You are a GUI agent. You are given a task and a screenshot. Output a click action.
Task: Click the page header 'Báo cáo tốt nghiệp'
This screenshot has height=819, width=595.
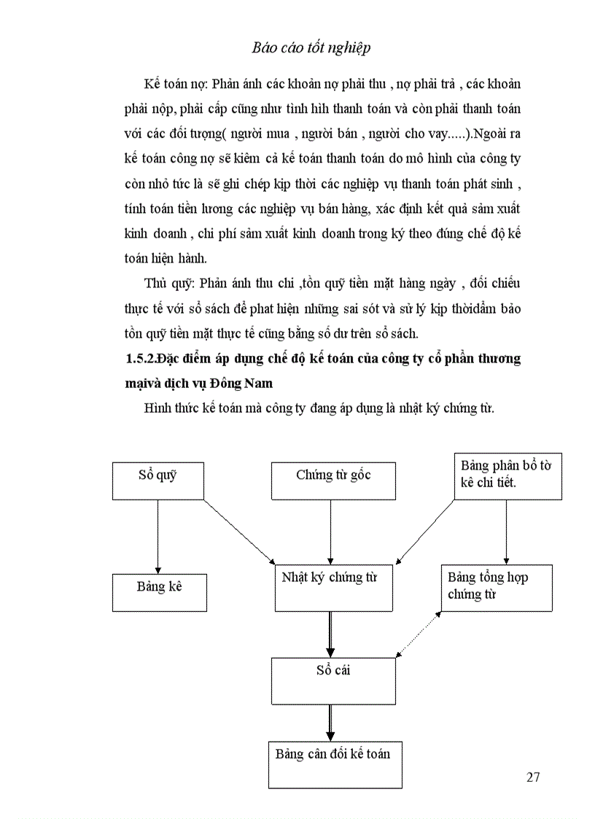point(311,48)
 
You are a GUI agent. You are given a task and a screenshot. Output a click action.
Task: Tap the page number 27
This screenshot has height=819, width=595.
point(533,777)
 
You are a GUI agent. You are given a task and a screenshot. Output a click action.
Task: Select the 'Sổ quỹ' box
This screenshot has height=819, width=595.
point(157,481)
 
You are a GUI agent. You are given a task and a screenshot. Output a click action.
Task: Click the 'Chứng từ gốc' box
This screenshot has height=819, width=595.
point(333,481)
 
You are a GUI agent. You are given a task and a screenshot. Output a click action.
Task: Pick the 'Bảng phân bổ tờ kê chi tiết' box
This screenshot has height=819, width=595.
point(507,476)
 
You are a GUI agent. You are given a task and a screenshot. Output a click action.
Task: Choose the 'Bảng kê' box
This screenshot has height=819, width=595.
point(159,592)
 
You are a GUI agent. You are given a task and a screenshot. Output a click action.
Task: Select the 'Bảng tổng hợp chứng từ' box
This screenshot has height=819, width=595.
point(497,587)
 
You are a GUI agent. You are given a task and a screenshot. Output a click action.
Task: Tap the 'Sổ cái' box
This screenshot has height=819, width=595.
point(333,680)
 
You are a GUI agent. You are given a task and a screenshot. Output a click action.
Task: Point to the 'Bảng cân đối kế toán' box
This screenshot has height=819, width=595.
point(333,764)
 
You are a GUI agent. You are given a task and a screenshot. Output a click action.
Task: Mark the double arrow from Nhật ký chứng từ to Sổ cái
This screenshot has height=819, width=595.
point(330,634)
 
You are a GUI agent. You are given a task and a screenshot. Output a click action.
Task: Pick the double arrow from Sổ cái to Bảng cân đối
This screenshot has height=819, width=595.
point(330,722)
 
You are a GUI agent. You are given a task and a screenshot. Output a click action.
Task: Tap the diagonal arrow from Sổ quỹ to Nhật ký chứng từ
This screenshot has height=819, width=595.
point(239,533)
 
